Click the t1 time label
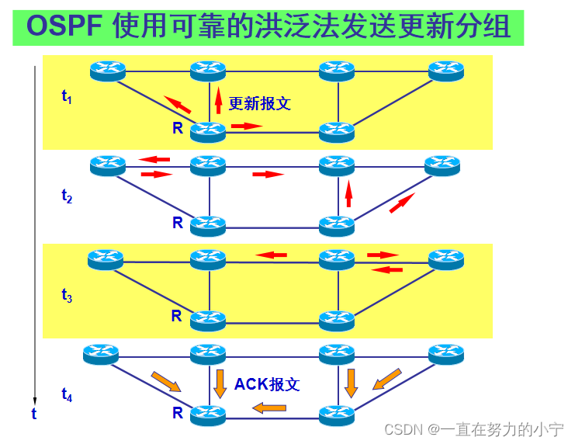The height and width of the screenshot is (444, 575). (x=67, y=97)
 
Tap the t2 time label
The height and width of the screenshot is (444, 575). (x=67, y=196)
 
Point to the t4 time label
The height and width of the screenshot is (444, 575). (x=67, y=397)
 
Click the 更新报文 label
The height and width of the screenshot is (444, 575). (x=259, y=103)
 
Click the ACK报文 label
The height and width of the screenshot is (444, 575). (x=267, y=383)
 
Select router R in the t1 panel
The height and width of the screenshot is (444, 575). (x=208, y=131)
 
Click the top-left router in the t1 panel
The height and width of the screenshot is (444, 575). (x=107, y=71)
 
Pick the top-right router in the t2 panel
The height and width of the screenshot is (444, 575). (x=442, y=165)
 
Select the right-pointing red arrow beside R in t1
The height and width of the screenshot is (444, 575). (x=247, y=125)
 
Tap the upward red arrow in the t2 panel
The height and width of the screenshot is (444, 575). (x=348, y=193)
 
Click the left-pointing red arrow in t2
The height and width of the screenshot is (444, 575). (x=154, y=159)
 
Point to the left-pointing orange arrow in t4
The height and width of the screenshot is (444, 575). (x=269, y=407)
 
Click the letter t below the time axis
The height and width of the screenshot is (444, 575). (x=33, y=415)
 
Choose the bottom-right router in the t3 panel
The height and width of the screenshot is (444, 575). (x=337, y=319)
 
